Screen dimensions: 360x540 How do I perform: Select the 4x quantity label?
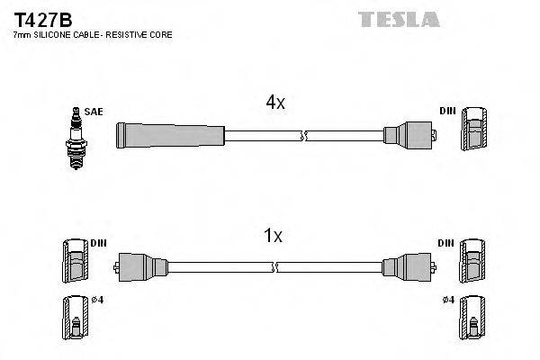coord(274,103)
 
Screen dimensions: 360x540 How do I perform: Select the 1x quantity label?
coord(273,237)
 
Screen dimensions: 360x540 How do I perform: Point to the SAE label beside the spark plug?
coord(94,111)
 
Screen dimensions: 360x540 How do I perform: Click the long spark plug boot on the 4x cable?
coord(171,136)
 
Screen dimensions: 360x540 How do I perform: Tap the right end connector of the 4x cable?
coord(409,136)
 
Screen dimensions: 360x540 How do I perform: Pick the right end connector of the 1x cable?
coord(406,267)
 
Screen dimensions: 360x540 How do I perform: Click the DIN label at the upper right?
coord(447,111)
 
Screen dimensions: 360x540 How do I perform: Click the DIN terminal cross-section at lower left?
coord(75,265)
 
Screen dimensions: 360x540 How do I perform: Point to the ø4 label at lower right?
coord(449,300)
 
